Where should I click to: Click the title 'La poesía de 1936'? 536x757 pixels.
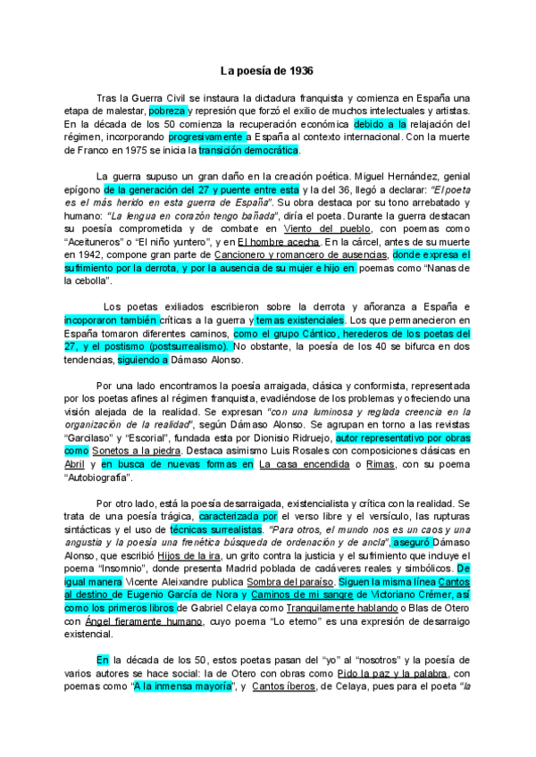(x=267, y=70)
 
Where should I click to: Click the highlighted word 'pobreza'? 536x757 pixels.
(x=167, y=110)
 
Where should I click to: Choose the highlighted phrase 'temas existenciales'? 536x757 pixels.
(x=298, y=320)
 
